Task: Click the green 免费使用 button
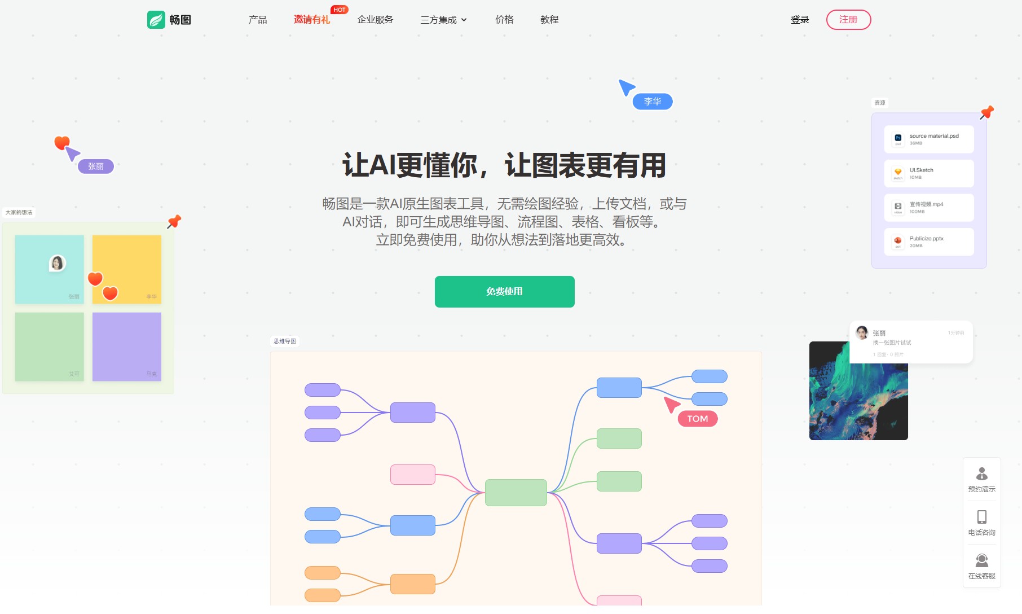pyautogui.click(x=504, y=292)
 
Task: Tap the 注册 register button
pyautogui.click(x=848, y=20)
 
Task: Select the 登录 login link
pyautogui.click(x=799, y=20)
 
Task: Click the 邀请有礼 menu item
pyautogui.click(x=312, y=20)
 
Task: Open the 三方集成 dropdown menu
pyautogui.click(x=443, y=20)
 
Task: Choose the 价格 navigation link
pyautogui.click(x=504, y=20)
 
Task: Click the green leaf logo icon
pyautogui.click(x=156, y=20)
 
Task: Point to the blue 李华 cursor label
pyautogui.click(x=652, y=102)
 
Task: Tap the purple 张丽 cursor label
pyautogui.click(x=96, y=166)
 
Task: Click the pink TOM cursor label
pyautogui.click(x=697, y=419)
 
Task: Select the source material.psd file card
pyautogui.click(x=929, y=139)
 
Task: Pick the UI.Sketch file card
pyautogui.click(x=929, y=173)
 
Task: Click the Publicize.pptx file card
pyautogui.click(x=929, y=242)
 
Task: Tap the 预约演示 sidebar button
pyautogui.click(x=981, y=480)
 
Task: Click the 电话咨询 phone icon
pyautogui.click(x=981, y=517)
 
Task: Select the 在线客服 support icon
pyautogui.click(x=981, y=560)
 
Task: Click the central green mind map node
pyautogui.click(x=516, y=493)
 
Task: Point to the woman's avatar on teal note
pyautogui.click(x=57, y=263)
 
